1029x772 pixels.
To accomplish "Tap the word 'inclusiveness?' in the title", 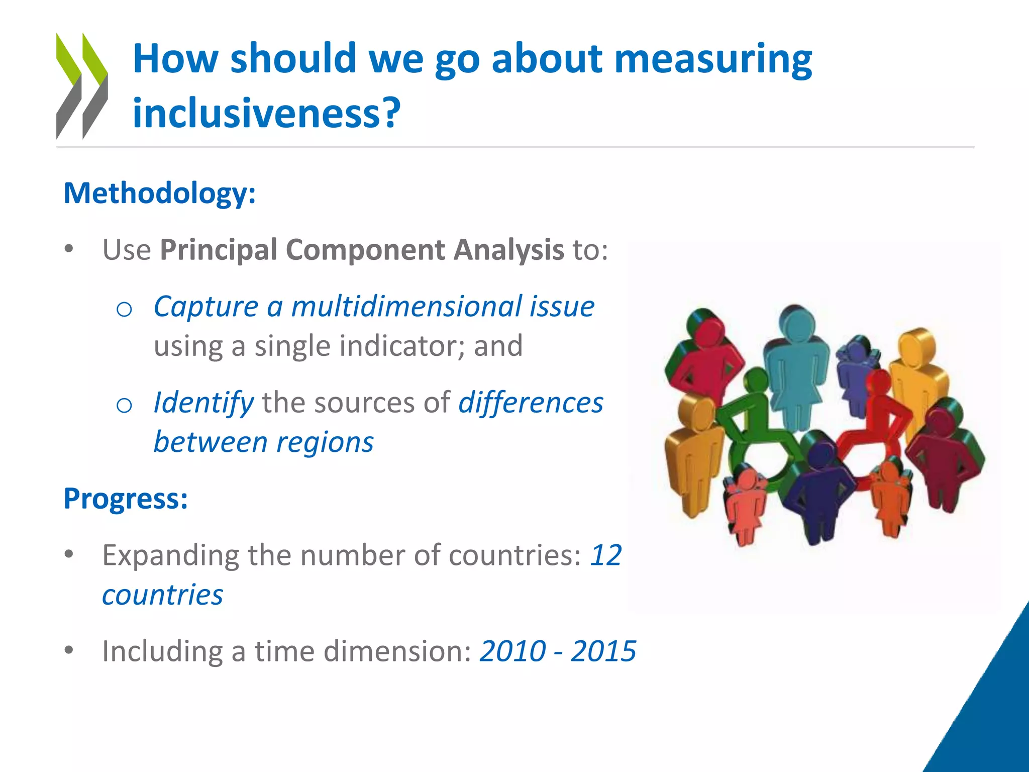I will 266,113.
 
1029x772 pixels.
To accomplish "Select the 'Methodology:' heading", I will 160,194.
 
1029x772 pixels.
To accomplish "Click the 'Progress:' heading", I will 126,499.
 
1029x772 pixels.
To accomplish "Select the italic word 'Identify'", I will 203,403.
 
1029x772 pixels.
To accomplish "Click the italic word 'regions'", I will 325,442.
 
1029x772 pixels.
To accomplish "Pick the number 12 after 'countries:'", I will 606,555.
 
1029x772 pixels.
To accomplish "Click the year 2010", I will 512,651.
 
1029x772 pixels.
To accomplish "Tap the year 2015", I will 603,651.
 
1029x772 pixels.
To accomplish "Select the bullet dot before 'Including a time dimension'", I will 69,650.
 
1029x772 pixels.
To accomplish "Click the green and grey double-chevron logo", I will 82,86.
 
